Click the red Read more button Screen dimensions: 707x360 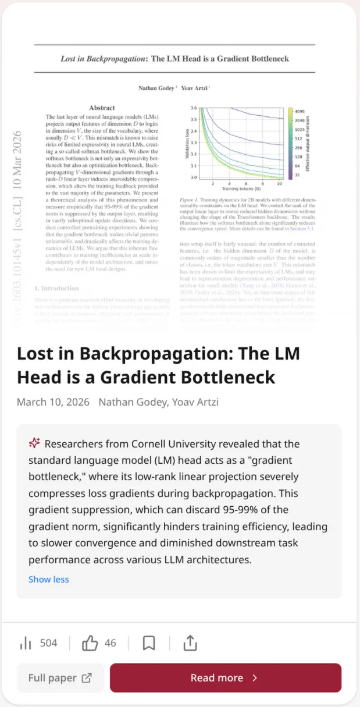pos(225,678)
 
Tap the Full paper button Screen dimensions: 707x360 pos(60,678)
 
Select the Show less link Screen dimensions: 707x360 pos(49,579)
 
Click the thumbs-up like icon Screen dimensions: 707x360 pos(90,643)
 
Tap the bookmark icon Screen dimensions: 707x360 pos(149,643)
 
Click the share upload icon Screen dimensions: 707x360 pos(190,643)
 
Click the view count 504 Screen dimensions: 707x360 pos(49,643)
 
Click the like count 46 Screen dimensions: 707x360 pos(111,643)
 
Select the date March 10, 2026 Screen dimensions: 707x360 pos(53,402)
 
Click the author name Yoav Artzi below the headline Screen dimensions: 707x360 pos(191,402)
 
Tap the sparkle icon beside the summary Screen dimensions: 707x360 pos(34,443)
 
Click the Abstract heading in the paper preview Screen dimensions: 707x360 pos(102,108)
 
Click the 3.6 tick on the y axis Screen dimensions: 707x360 pos(194,108)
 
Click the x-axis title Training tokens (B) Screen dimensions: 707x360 pos(240,190)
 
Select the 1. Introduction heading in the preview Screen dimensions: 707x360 pos(56,288)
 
